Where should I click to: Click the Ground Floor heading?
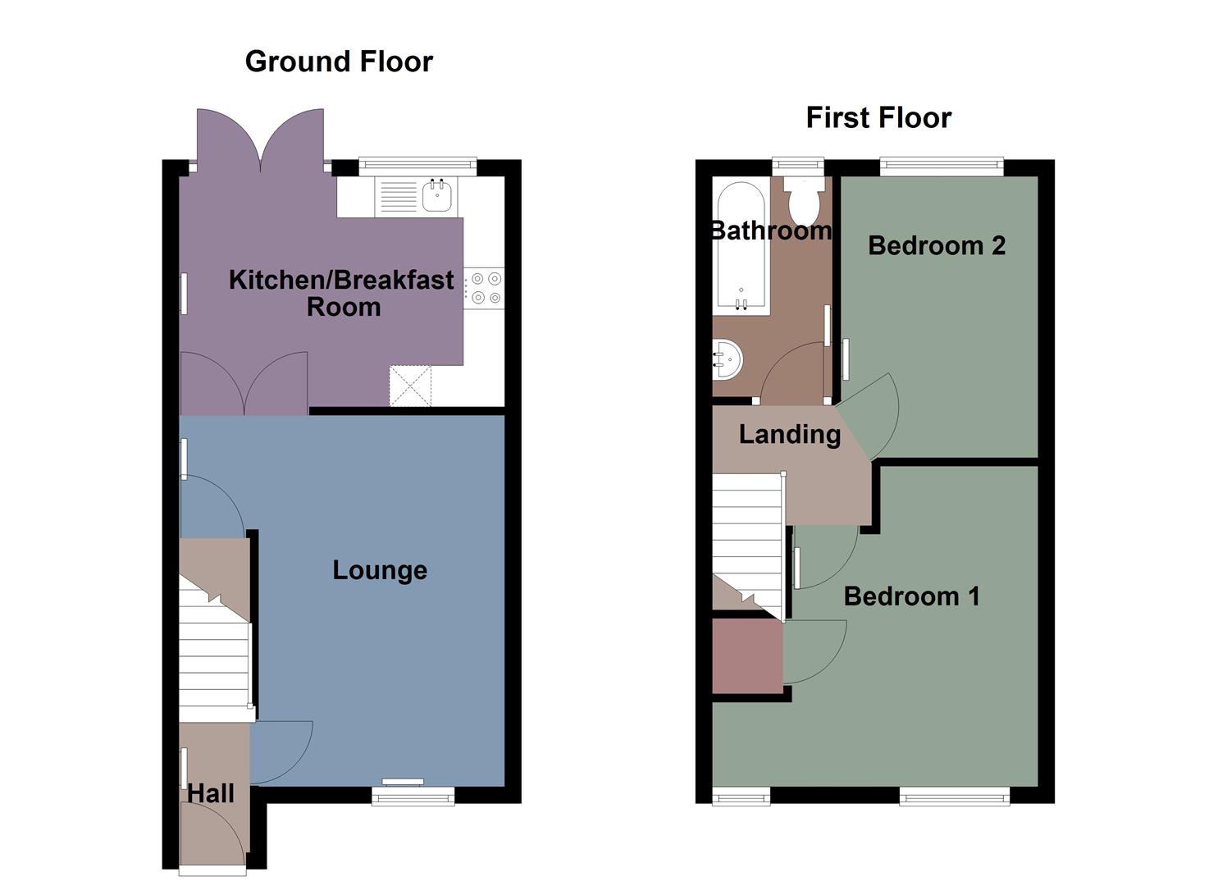tap(339, 62)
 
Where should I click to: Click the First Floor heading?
tap(878, 117)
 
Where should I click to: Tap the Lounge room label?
tap(380, 570)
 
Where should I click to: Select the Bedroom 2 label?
tap(937, 245)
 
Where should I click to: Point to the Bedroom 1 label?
tap(912, 596)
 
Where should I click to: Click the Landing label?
tap(790, 434)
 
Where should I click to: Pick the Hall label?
tap(211, 793)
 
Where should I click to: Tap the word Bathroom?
tap(771, 231)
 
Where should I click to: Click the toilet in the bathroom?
tap(801, 202)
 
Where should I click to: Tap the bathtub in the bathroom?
tap(741, 246)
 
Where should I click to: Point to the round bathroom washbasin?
tap(728, 359)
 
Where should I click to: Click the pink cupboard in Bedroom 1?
tap(747, 655)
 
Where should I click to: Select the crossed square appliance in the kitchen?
tap(410, 386)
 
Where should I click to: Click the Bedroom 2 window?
tap(942, 167)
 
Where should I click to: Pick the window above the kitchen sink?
tap(417, 167)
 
